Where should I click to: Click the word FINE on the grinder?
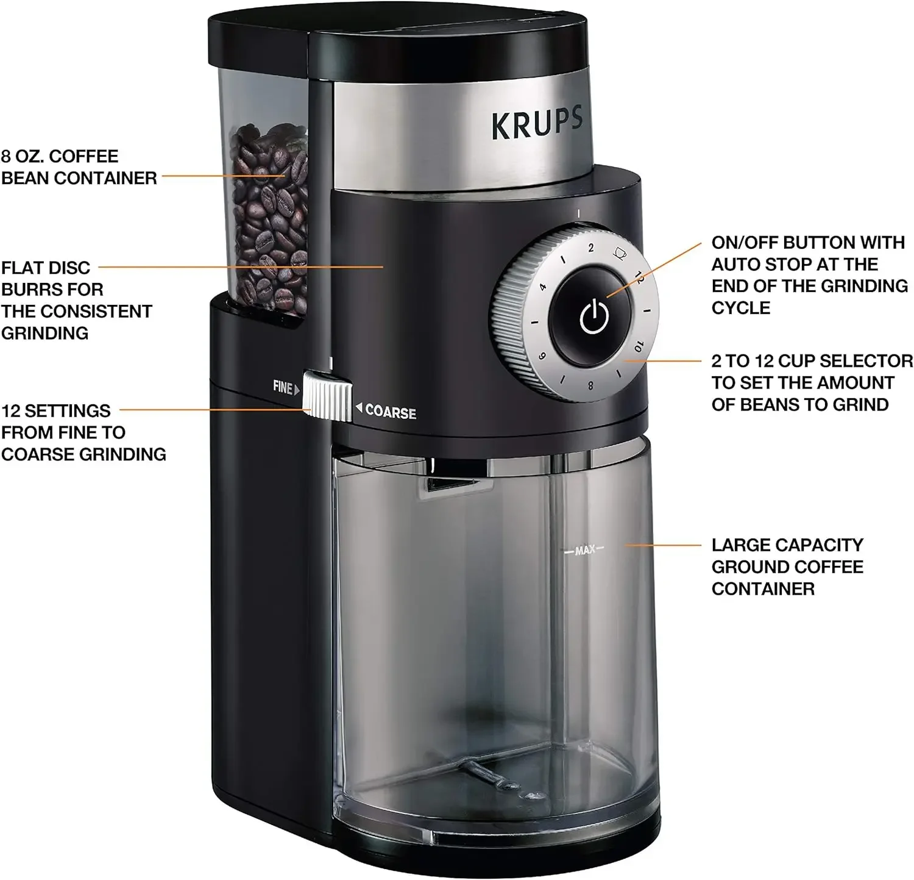283,387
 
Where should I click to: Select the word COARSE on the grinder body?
390,412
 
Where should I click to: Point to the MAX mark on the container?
584,550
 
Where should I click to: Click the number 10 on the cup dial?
638,346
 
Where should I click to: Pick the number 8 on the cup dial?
590,385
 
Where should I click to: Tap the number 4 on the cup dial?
542,287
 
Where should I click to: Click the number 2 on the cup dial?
590,248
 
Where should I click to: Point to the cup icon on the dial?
620,252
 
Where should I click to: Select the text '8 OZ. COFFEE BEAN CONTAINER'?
79,167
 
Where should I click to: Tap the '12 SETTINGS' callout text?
83,432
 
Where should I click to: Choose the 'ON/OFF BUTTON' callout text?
809,275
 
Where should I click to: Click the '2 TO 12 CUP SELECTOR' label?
812,382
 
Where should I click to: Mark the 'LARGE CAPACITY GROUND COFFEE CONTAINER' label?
787,567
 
